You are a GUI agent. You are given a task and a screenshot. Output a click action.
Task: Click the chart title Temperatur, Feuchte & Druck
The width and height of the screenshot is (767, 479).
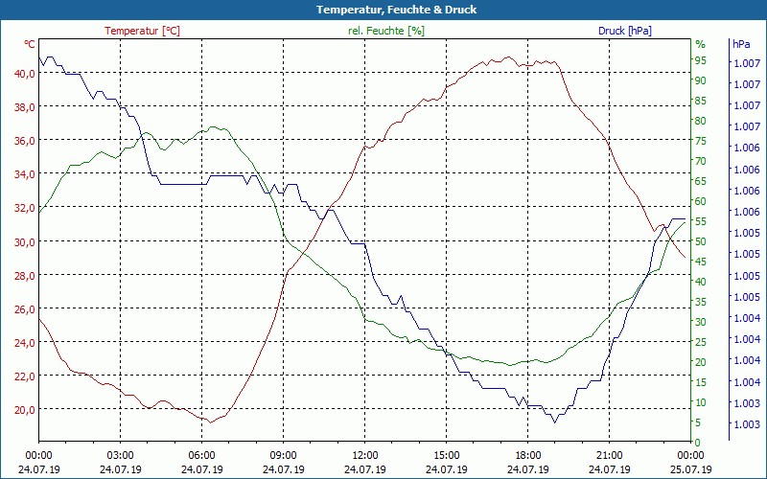396,10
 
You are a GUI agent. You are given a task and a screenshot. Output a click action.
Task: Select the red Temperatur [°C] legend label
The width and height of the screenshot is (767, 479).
142,31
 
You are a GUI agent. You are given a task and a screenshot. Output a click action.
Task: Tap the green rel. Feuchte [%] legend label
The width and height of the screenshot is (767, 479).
386,31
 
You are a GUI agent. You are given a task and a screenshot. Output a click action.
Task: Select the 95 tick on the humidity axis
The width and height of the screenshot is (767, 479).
701,60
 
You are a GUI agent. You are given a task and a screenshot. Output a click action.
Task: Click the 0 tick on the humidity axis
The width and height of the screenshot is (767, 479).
698,442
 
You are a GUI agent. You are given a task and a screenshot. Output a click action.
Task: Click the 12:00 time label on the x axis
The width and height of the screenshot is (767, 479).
364,456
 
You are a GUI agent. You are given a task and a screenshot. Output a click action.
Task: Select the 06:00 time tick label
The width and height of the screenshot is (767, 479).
201,456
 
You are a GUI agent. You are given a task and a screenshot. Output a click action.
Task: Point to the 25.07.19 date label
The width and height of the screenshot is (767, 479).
691,469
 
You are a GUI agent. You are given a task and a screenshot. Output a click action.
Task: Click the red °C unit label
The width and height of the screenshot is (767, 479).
30,44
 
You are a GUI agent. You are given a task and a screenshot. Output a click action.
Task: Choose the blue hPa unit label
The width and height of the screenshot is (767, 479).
741,44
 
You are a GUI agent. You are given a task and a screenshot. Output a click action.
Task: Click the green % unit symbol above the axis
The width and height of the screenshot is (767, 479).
700,44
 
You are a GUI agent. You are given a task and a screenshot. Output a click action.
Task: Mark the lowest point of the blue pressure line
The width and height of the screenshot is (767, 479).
554,422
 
